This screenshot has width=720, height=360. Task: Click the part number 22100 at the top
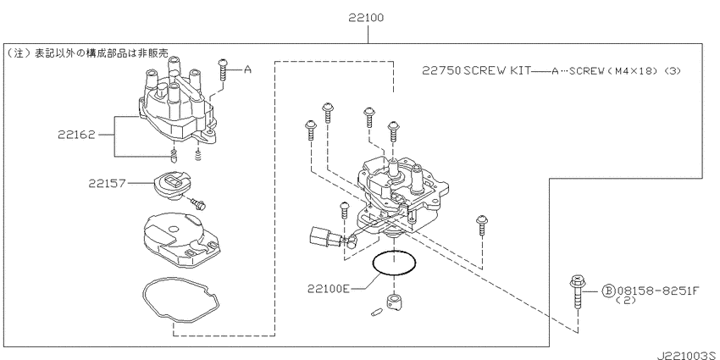366,18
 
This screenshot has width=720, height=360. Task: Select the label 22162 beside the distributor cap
76,135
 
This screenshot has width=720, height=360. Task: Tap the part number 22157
107,183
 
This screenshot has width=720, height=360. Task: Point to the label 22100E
329,289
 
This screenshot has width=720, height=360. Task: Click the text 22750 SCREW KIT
476,70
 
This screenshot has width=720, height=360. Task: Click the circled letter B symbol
608,291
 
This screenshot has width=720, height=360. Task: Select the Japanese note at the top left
86,53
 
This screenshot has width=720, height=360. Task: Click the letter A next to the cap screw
247,69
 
